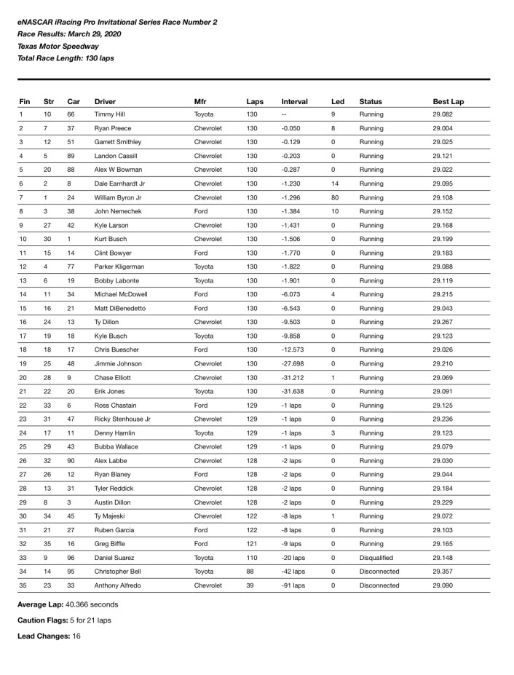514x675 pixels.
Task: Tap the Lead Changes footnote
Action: tap(49, 636)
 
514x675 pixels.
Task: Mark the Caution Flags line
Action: tap(65, 620)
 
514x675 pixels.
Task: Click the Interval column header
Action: tap(294, 102)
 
